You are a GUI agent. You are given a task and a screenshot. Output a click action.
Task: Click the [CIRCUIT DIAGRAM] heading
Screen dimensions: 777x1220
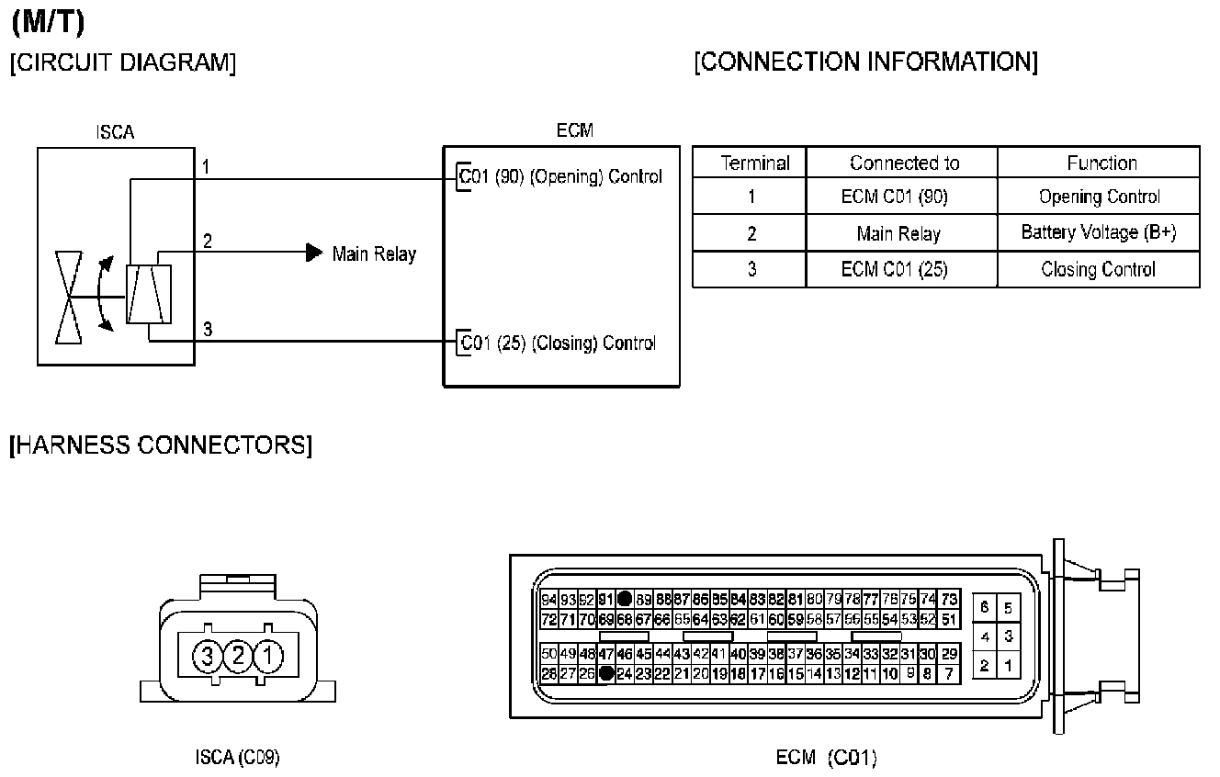pos(122,63)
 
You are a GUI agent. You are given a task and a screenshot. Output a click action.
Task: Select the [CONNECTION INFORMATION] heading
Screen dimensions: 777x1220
pos(866,62)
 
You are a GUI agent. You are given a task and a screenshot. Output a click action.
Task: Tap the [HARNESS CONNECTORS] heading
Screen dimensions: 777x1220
pos(160,445)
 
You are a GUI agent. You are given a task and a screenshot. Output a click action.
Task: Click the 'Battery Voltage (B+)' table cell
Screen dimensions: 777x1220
pos(1098,232)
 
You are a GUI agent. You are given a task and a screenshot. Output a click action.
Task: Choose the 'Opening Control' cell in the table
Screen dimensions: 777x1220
pos(1099,197)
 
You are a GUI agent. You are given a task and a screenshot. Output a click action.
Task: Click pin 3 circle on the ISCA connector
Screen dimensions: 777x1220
pos(208,656)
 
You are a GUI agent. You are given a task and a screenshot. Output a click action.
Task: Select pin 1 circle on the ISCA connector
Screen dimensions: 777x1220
pos(268,656)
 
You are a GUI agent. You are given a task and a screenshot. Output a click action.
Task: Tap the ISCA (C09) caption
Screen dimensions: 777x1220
pos(238,758)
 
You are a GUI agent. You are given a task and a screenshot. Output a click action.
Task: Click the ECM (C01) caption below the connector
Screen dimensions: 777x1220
pos(827,758)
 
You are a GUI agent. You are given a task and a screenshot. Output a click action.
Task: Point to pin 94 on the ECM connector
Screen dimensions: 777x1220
pos(549,600)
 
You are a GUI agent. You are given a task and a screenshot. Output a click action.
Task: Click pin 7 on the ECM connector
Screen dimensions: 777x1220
pos(949,673)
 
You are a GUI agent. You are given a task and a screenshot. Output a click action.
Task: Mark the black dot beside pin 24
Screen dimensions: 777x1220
pos(605,673)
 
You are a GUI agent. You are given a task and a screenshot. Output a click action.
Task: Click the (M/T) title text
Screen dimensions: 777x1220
pos(48,23)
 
